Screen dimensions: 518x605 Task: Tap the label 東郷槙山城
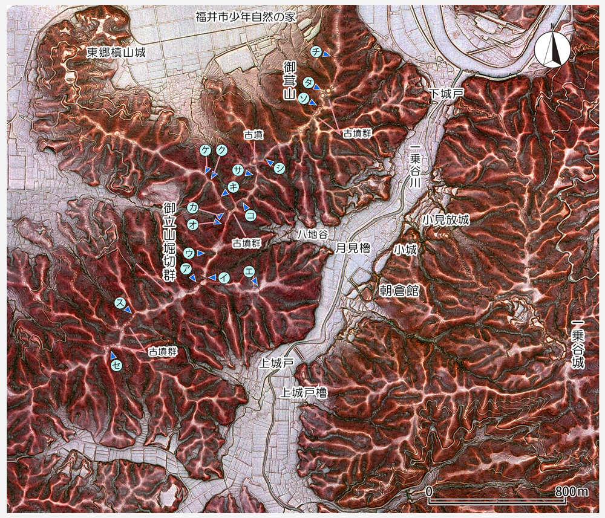pos(117,53)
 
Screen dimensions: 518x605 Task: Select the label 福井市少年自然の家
pos(245,16)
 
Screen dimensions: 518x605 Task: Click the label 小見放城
pos(446,219)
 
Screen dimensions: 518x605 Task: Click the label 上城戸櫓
pos(304,392)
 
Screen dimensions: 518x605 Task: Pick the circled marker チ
pos(315,52)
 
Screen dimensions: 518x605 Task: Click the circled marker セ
pos(116,364)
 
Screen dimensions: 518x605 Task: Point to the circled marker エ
pos(249,272)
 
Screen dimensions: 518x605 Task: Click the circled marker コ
pos(250,215)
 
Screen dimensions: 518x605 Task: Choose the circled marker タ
pos(309,82)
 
